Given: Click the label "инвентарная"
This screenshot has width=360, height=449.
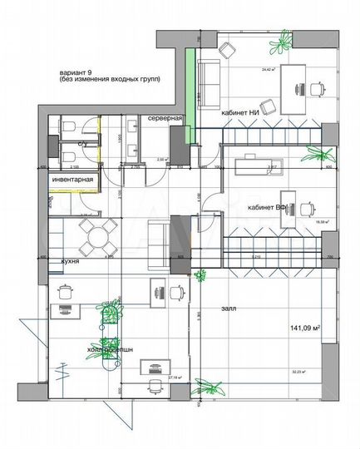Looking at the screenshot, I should coord(73,180).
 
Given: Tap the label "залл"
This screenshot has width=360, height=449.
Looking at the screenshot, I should coord(229,308).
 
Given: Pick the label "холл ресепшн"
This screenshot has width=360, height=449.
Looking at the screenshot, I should coord(109,350).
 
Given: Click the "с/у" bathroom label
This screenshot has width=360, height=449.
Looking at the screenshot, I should coord(83,144).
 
